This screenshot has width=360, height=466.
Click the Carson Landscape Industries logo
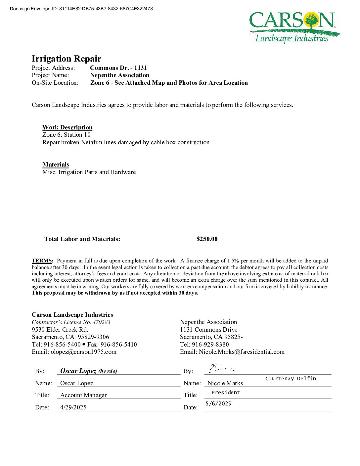coord(294,27)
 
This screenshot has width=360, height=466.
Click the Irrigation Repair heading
coord(67,59)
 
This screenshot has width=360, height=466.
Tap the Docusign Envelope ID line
coord(81,9)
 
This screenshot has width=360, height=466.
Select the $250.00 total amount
coord(207,239)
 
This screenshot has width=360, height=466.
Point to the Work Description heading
coord(67,127)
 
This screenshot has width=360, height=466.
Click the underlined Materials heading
coord(56,164)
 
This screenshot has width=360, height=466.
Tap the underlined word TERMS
coord(42,261)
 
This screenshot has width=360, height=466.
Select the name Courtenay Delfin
coord(291,379)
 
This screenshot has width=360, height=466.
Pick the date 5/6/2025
coord(218,403)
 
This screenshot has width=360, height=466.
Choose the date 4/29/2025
coord(73,407)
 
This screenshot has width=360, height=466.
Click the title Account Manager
coord(83,395)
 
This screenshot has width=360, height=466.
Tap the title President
coord(226,393)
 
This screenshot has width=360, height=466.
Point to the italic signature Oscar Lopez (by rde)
coord(88,371)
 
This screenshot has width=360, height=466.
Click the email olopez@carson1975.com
coord(83,352)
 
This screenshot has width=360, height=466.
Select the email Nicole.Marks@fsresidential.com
coord(242,352)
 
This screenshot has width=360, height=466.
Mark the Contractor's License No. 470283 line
coord(71,322)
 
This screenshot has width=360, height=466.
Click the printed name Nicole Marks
coord(225,383)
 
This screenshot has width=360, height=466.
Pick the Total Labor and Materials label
coord(82,239)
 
